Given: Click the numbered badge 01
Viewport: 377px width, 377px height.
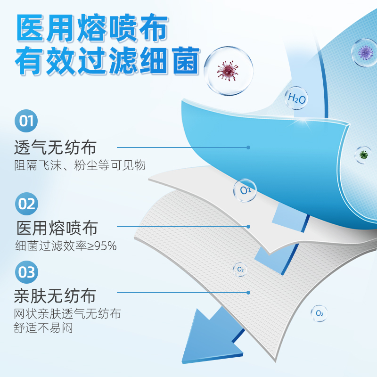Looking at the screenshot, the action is coord(26,121).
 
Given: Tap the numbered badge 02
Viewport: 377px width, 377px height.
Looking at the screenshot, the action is coord(26,204).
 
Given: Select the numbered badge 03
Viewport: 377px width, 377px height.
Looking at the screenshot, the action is coord(26,272).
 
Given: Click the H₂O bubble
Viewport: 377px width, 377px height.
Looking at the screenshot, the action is coord(296,98).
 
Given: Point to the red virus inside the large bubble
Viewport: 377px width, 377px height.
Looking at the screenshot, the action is coord(227,71).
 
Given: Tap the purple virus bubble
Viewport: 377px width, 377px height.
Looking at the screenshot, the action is coord(365,53).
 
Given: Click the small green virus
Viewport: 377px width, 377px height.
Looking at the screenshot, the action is coord(363,155).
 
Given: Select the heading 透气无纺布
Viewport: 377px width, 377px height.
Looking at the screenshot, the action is coord(55,147).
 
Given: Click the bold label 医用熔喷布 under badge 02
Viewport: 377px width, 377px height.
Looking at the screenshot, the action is coord(57,228).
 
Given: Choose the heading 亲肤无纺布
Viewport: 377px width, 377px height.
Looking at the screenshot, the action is coord(55,295).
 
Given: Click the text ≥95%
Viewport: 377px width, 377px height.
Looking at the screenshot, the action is coord(102,246).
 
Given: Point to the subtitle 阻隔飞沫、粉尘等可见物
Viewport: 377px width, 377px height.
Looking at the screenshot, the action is coord(80,165).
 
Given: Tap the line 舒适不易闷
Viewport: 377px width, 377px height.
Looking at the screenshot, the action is coord(43,328).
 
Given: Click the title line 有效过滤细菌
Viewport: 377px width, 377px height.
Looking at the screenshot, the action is coord(107,60).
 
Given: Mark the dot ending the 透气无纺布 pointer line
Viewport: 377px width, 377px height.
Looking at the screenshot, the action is coord(248,148).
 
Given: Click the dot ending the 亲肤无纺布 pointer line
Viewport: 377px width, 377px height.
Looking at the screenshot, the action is coord(248,293).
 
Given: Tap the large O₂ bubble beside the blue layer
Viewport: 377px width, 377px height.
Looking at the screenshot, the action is coord(245,190).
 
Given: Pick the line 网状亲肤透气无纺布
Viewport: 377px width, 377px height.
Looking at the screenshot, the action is coord(67,313).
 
